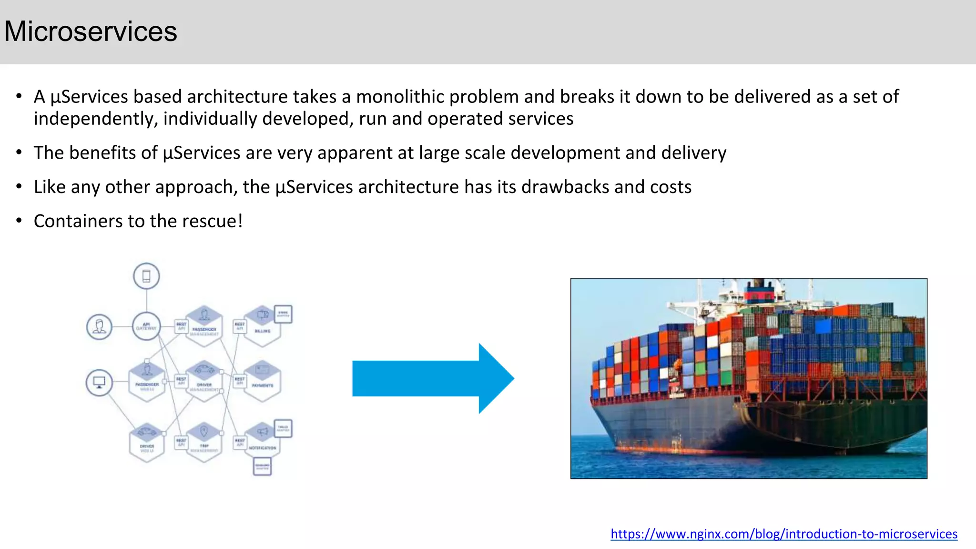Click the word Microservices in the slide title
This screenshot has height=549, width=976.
[91, 31]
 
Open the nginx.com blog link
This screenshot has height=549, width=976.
[783, 534]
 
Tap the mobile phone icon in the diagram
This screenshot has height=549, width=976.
[146, 276]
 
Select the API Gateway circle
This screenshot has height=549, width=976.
[146, 326]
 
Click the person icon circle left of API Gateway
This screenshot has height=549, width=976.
[99, 327]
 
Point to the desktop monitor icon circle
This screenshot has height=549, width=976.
[99, 382]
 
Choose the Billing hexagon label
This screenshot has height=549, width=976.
[263, 331]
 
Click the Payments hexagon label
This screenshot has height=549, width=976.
[263, 385]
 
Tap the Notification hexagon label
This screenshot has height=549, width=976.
[263, 448]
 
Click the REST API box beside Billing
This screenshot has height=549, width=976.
[240, 326]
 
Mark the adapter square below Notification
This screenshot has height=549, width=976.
[262, 466]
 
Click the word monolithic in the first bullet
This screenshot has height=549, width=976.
[399, 97]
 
